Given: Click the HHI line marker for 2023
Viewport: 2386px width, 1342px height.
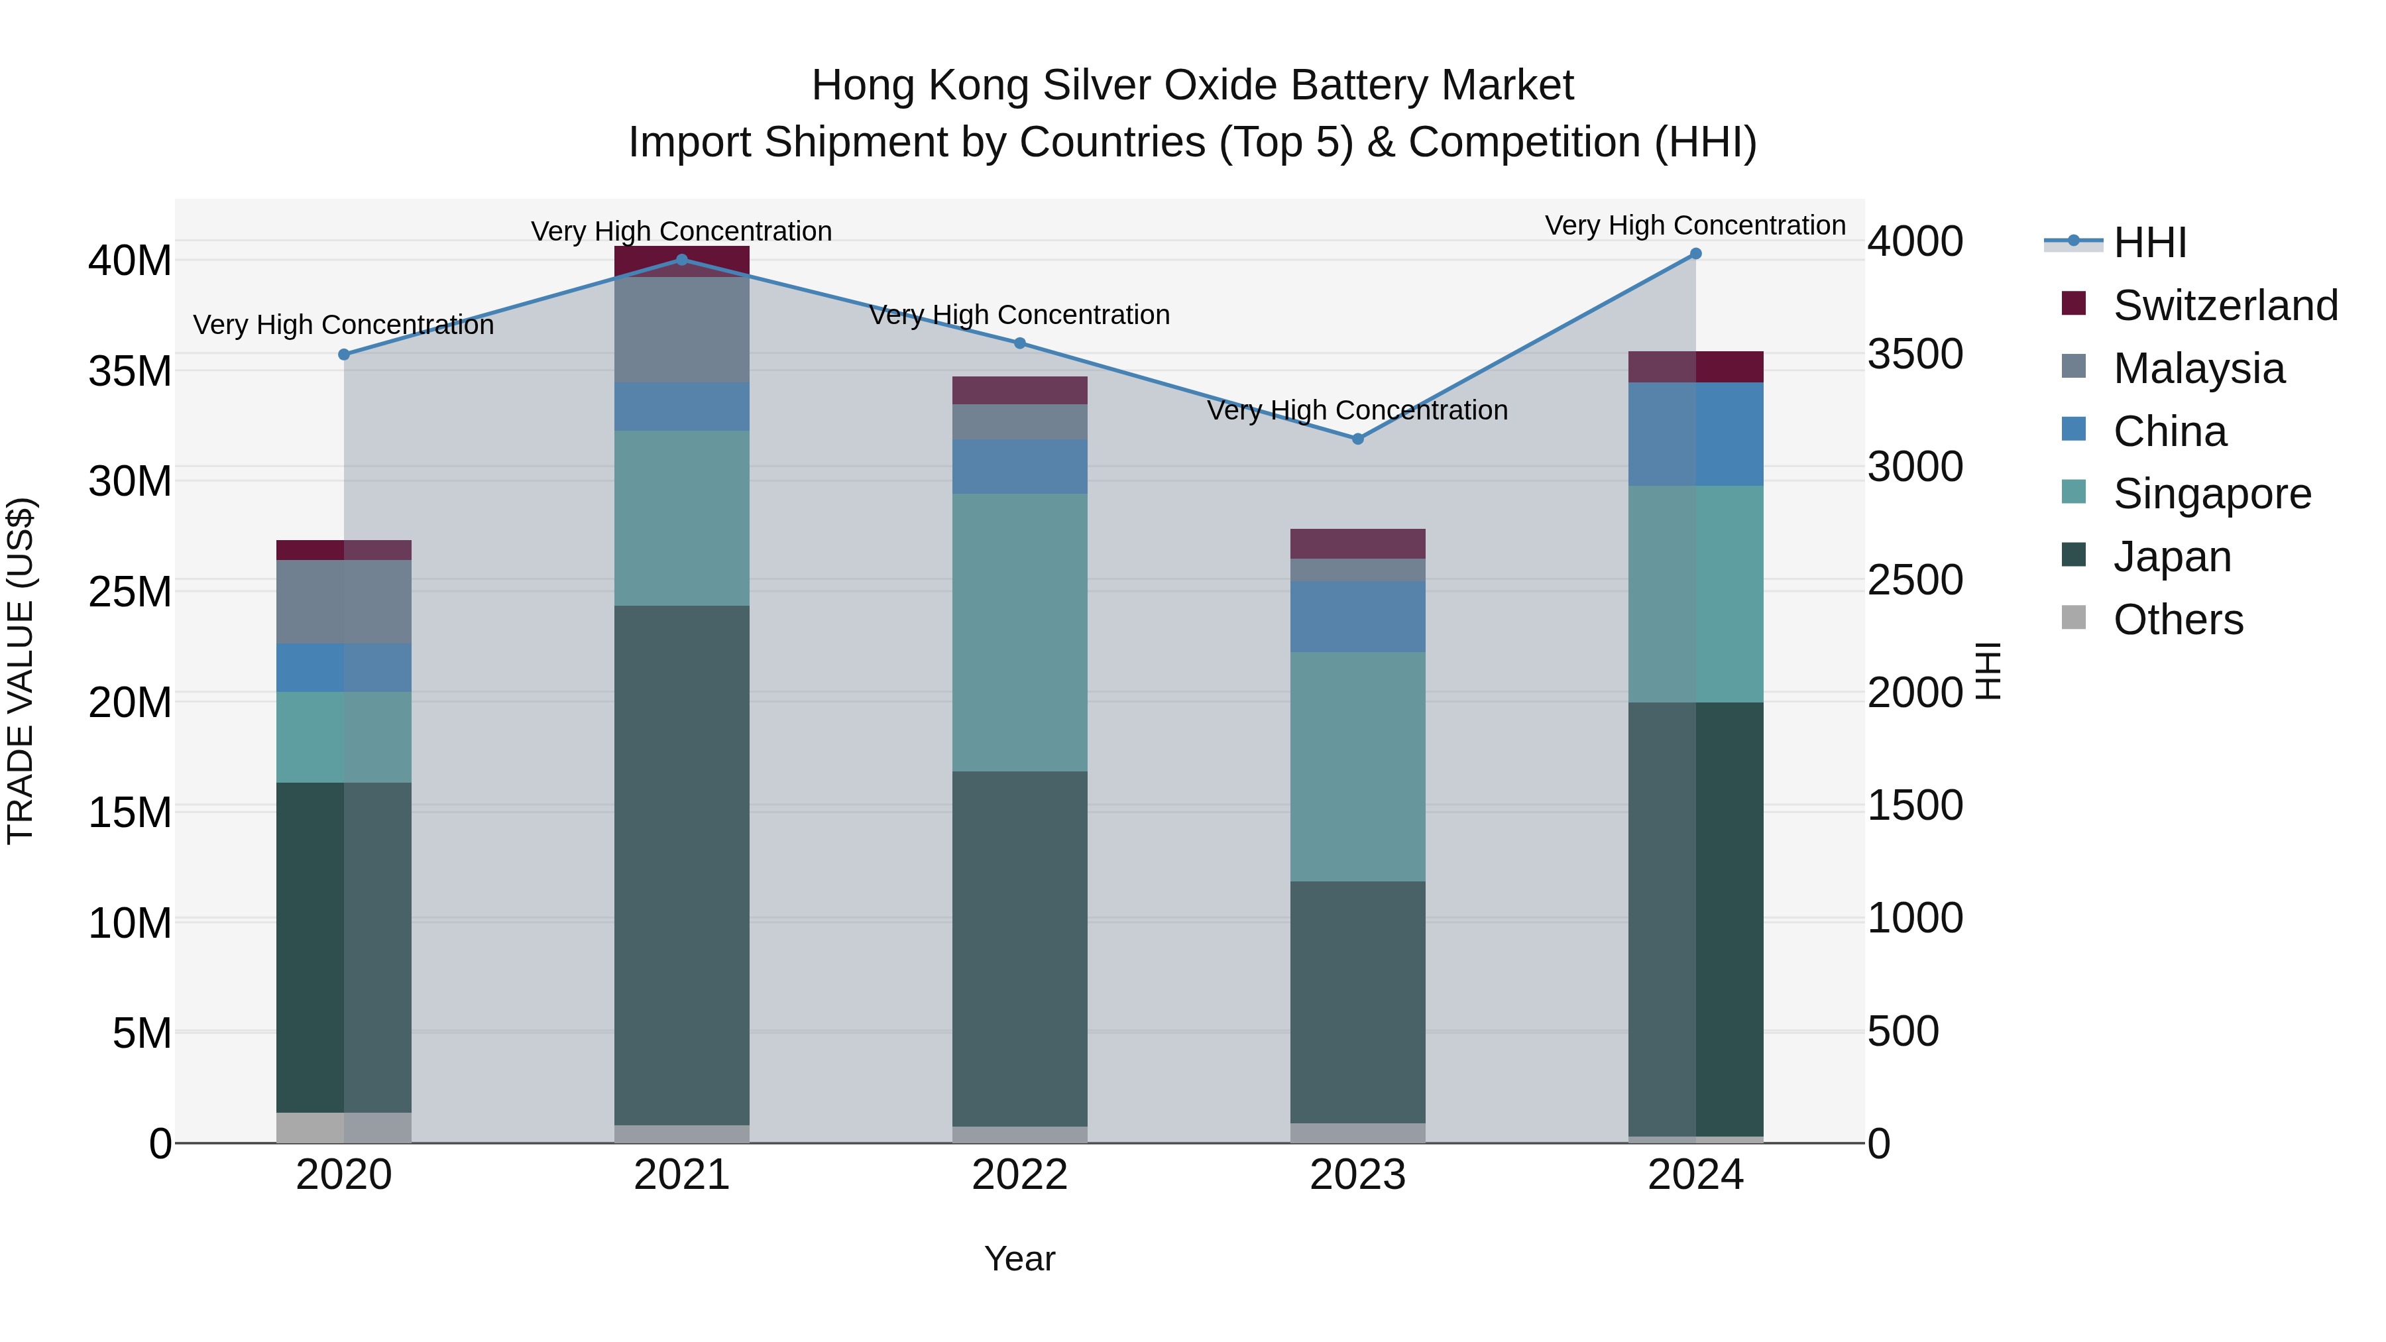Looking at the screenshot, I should coord(1358,439).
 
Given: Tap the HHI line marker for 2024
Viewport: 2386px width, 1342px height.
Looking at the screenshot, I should coord(1696,254).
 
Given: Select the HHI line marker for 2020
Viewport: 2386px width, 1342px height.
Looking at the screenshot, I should coord(343,355).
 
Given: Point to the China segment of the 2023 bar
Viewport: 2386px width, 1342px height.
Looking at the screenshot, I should coord(1358,617).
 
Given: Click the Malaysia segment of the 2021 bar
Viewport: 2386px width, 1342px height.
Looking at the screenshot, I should coord(682,330).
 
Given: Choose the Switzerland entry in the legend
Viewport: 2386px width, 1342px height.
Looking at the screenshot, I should coord(2225,306).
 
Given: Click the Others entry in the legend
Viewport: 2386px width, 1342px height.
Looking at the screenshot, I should coord(2178,620).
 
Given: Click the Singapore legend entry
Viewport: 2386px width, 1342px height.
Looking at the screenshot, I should coord(2212,494).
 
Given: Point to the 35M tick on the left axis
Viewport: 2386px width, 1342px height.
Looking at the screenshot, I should coord(130,371).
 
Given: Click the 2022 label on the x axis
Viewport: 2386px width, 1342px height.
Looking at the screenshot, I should coord(1020,1175).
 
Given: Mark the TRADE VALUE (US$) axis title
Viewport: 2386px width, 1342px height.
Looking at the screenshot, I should coord(21,671).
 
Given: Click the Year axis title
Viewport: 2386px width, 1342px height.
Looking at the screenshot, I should coord(1020,1258).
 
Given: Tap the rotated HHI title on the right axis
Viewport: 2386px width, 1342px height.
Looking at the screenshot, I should coord(1988,671).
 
